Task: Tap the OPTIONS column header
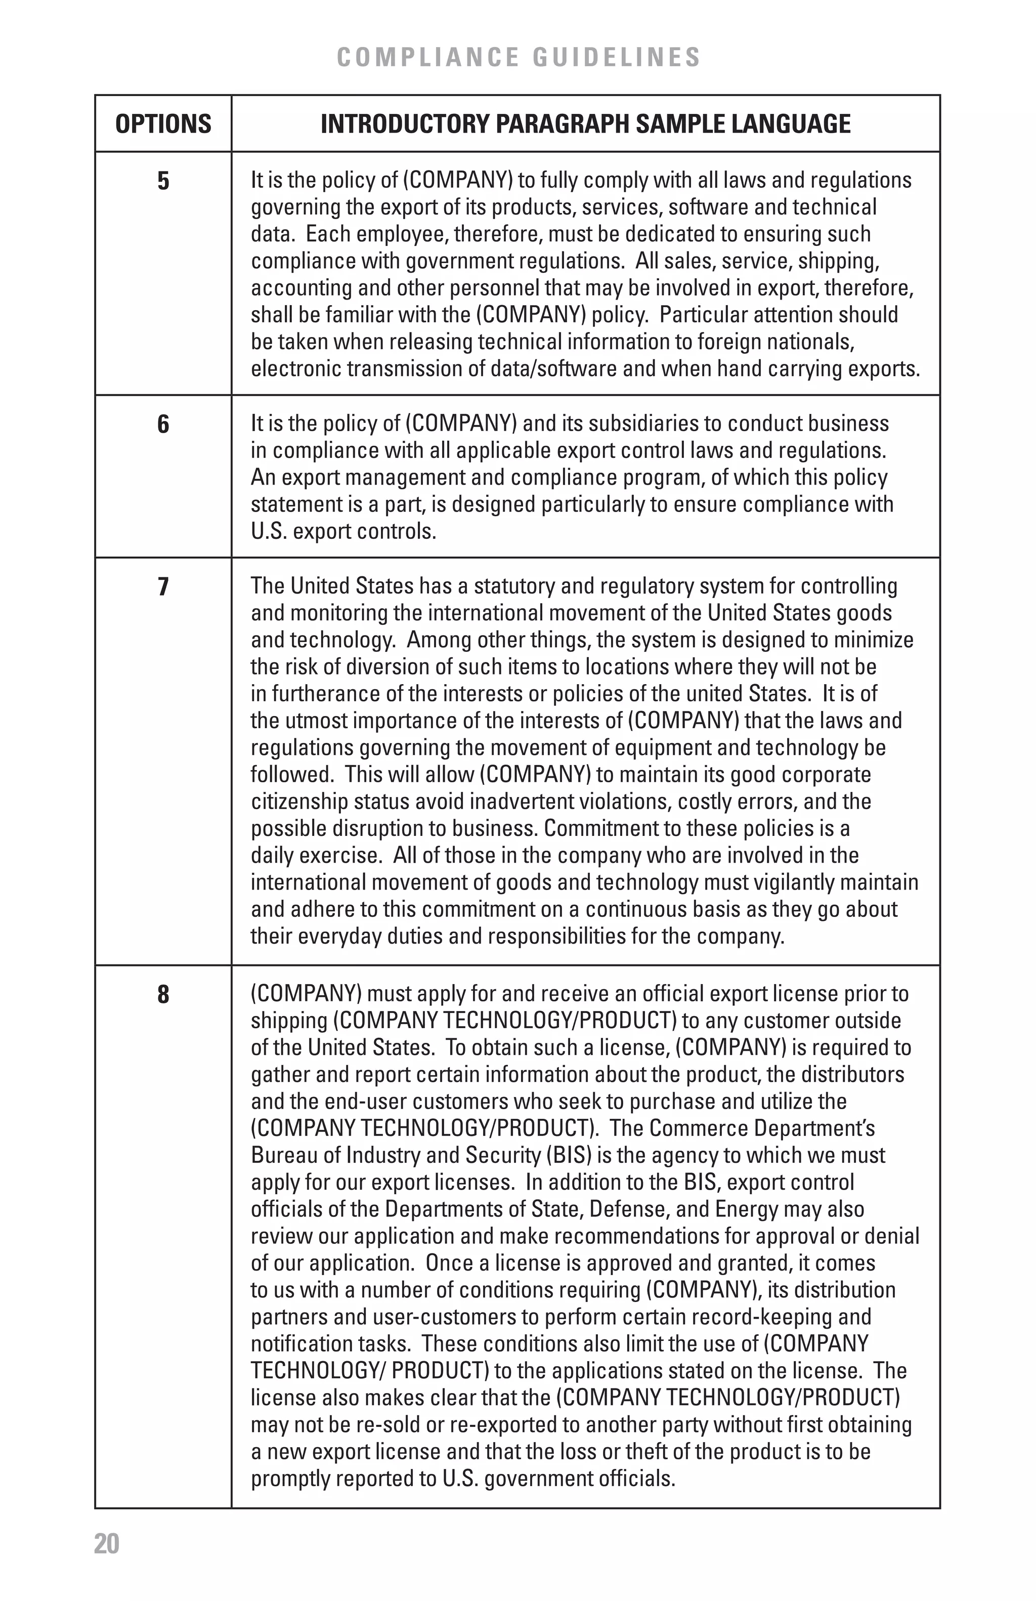pos(163,124)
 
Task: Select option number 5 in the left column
pos(163,181)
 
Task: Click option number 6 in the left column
pos(163,424)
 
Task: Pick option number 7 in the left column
pos(163,586)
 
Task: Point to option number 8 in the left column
pos(163,994)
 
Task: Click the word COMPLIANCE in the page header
pos(427,57)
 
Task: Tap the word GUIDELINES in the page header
pos(617,57)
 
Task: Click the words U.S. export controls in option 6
pos(343,531)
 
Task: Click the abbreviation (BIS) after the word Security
pos(569,1156)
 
